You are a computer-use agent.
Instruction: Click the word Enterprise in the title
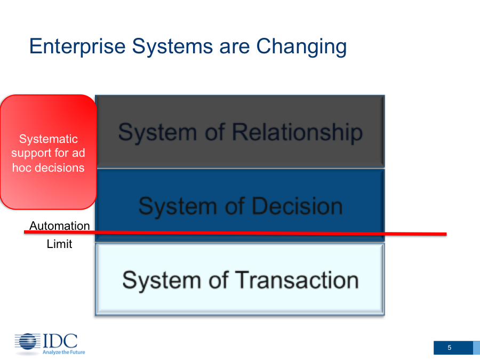(77, 47)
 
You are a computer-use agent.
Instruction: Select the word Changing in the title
(301, 47)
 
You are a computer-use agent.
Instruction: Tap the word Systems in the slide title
(172, 46)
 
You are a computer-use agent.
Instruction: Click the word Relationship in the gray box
(297, 133)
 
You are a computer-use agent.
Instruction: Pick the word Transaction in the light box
(297, 280)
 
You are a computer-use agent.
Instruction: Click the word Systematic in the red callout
(49, 139)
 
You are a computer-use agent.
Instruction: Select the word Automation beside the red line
(60, 226)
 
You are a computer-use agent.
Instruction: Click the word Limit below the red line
(59, 244)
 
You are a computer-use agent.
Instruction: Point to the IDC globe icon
(28, 342)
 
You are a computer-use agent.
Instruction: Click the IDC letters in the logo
(60, 340)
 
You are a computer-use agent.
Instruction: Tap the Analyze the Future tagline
(63, 353)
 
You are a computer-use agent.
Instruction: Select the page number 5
(450, 348)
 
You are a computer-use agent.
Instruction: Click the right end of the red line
(446, 234)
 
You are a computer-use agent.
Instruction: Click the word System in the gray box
(157, 133)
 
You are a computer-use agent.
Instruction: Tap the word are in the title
(234, 47)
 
